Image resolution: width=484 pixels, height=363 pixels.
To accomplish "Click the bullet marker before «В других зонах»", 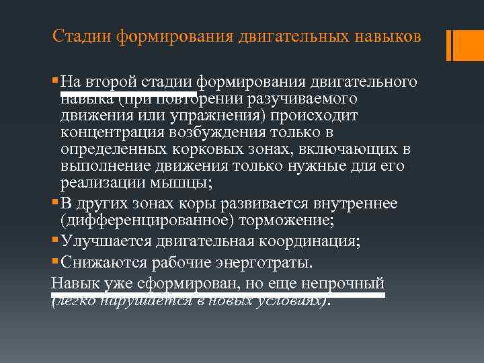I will [x=54, y=202].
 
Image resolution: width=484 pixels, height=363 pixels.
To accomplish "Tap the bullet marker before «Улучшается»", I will [x=54, y=240].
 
